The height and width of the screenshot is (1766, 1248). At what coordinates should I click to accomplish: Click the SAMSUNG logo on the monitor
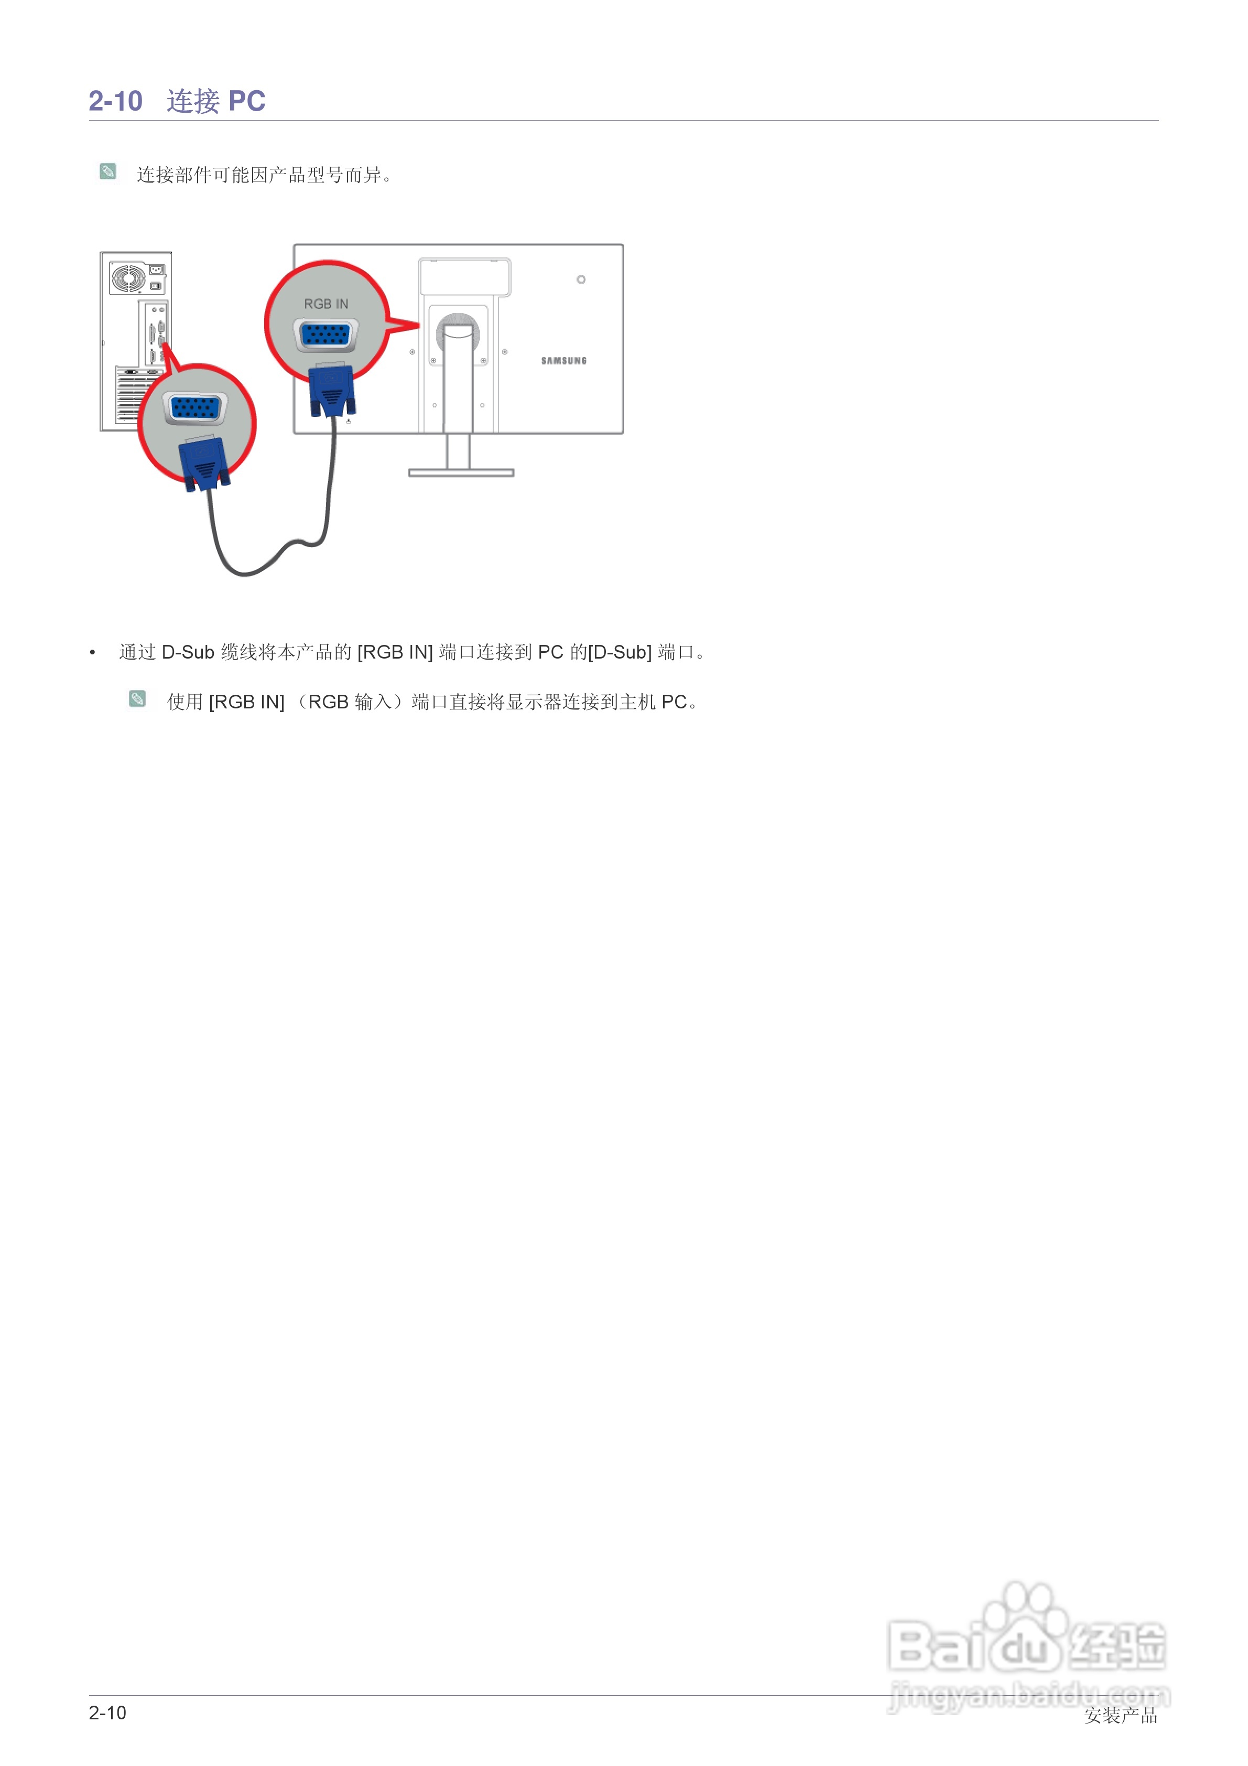pos(563,361)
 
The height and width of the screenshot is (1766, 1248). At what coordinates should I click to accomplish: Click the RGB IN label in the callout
pos(326,304)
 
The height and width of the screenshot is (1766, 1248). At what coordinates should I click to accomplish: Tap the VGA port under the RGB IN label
pos(326,336)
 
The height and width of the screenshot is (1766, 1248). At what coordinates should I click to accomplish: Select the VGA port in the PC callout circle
pos(196,407)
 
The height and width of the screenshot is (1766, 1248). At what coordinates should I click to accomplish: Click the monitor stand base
pos(461,472)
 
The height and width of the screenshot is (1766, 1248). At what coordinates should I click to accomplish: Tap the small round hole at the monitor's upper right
pos(581,279)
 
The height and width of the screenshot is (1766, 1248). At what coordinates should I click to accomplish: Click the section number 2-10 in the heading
pos(115,101)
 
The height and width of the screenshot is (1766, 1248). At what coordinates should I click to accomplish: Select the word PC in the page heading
pos(247,101)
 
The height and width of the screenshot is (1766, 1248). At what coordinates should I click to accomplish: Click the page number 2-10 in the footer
pos(107,1713)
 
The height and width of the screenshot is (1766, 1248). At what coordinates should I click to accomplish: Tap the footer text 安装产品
pos(1120,1715)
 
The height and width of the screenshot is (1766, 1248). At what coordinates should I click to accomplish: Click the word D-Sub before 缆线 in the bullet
pos(188,652)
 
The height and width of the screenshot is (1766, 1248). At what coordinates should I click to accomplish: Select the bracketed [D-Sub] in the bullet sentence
pos(620,652)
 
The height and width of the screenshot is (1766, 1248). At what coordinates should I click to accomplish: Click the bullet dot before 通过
pos(92,653)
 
